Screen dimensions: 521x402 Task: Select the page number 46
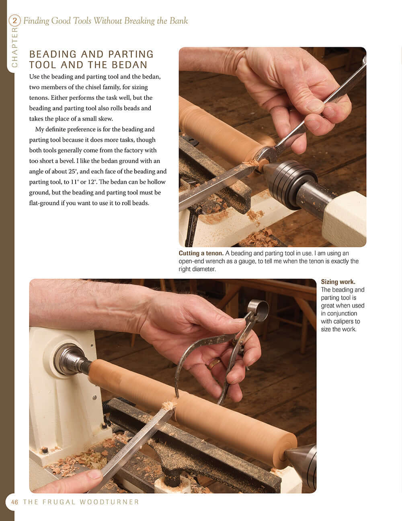(x=15, y=502)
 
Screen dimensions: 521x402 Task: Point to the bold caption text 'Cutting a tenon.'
(x=201, y=253)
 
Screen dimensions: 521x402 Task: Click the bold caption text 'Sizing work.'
(x=338, y=282)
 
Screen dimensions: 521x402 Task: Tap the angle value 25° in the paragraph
(x=70, y=172)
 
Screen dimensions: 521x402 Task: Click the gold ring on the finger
(x=214, y=364)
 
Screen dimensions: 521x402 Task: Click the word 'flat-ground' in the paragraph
(x=44, y=203)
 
